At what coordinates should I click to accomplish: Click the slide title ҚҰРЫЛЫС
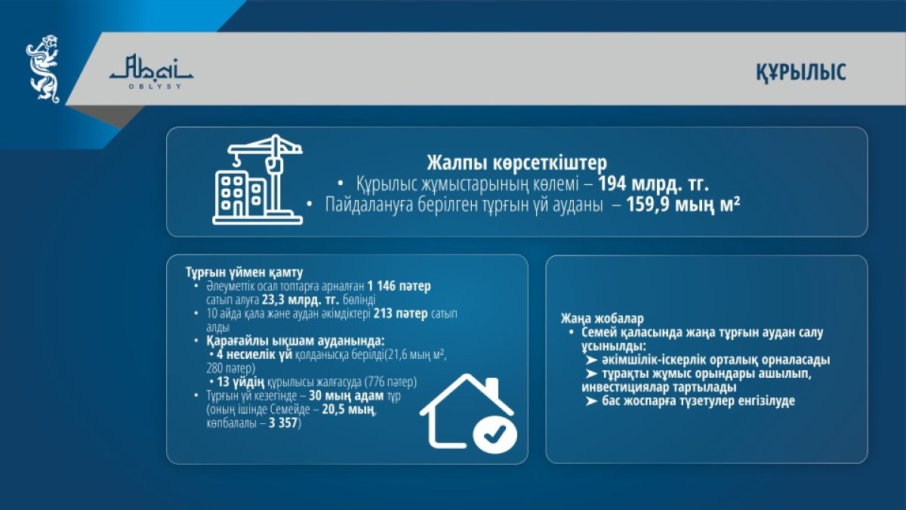coord(801,73)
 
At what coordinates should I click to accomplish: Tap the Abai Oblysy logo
coord(151,72)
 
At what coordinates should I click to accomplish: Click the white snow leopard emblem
coord(43,69)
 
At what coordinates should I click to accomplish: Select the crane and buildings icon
coord(257,179)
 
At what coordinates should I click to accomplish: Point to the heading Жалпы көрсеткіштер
coord(517,162)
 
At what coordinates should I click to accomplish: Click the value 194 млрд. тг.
coord(654,184)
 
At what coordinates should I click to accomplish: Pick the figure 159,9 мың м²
coord(683,205)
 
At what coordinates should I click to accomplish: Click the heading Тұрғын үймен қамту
coord(245,273)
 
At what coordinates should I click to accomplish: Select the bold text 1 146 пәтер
coord(399,286)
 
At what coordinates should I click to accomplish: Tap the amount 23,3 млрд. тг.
coord(300,300)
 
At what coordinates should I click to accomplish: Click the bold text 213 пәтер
coord(400,314)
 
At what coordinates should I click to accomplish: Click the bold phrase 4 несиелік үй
coord(254,355)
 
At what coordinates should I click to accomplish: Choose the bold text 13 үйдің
coord(241,382)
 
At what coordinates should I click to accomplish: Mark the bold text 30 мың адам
coord(347,396)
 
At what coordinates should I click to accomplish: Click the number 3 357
coord(283,424)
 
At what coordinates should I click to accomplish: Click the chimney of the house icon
coord(491,386)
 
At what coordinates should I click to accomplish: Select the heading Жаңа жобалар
coord(602,319)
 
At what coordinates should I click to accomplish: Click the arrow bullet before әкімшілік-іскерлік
coord(591,360)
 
